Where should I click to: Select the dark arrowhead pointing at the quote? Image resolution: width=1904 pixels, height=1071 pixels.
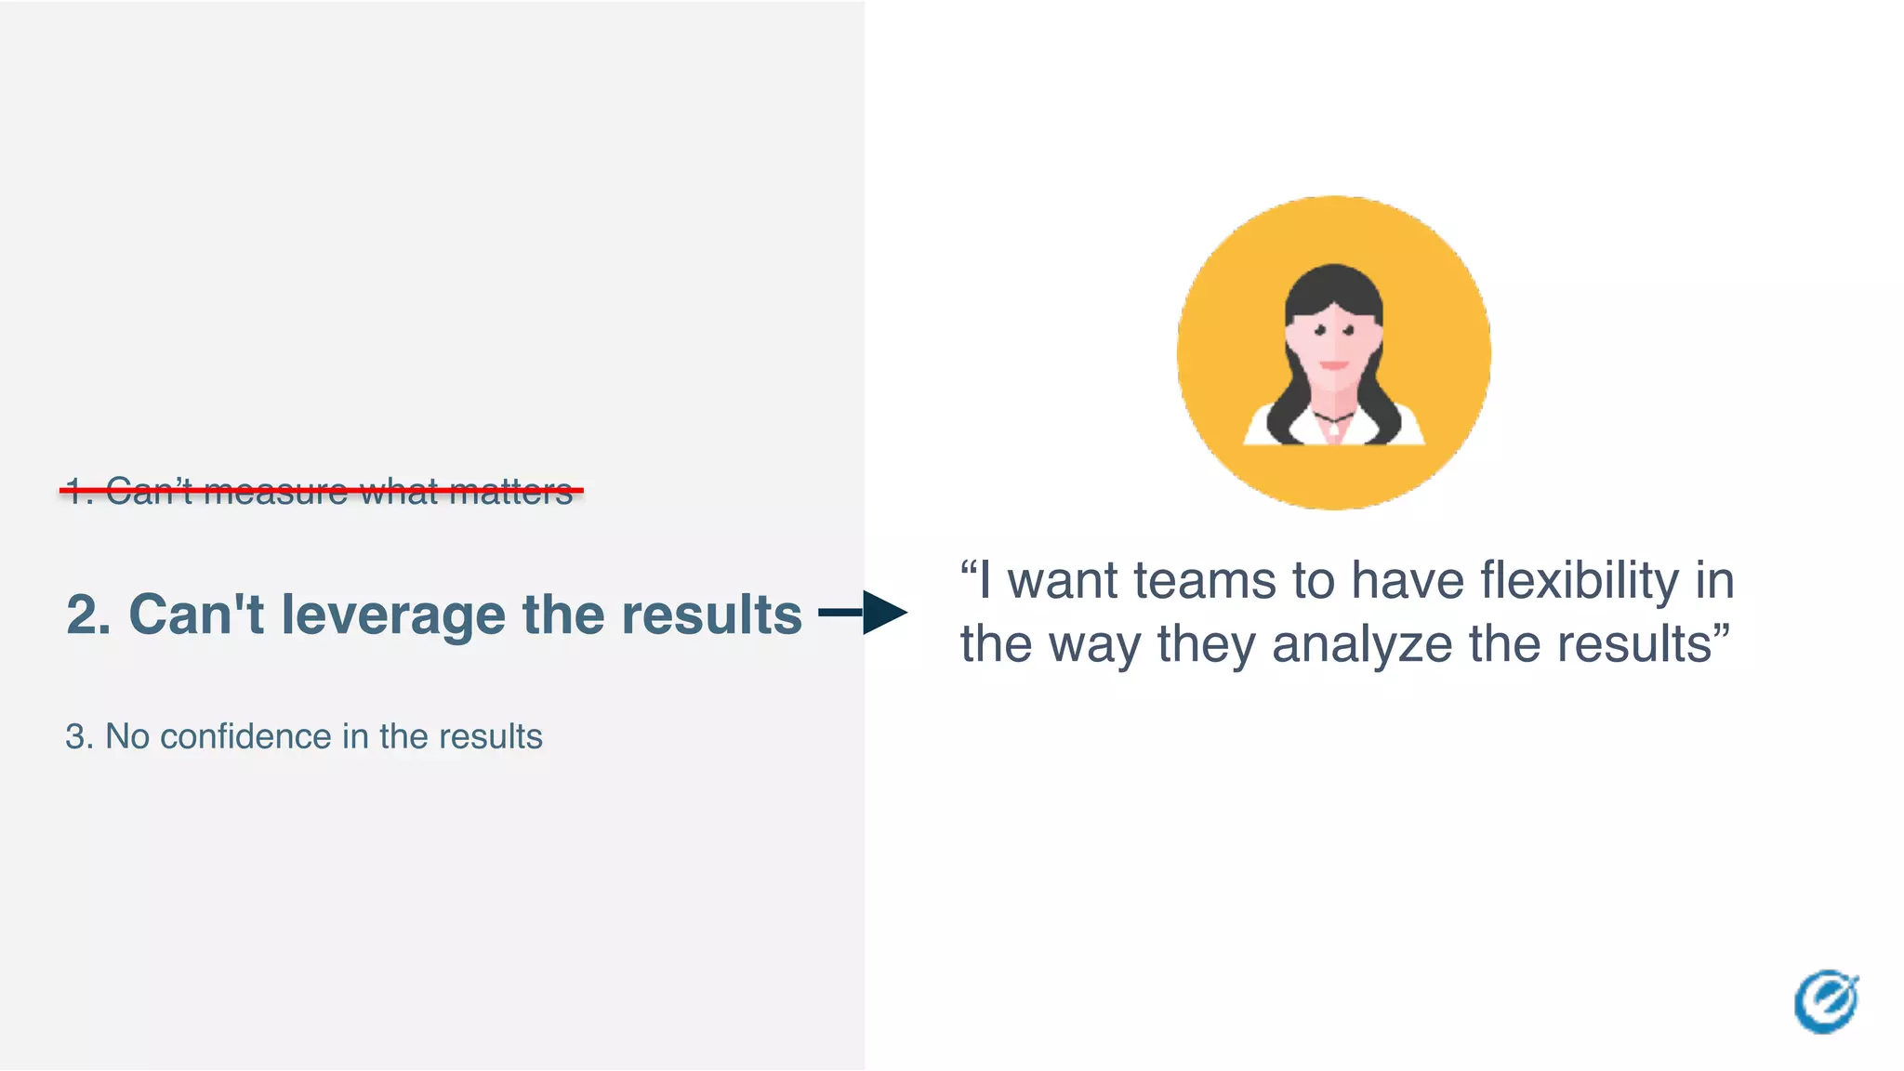(x=884, y=613)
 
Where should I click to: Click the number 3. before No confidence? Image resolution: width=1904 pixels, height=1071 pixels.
(x=78, y=736)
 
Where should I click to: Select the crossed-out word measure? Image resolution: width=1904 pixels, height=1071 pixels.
(x=275, y=492)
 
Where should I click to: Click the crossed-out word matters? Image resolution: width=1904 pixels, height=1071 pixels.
(x=510, y=492)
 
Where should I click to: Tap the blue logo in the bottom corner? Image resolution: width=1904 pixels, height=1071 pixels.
(x=1826, y=1002)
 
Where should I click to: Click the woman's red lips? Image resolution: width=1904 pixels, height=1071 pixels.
(x=1334, y=365)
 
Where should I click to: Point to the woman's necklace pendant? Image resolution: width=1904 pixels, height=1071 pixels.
(x=1334, y=429)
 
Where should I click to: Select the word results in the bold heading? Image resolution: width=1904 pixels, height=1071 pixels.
(x=711, y=615)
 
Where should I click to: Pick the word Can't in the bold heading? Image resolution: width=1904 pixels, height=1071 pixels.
(x=196, y=615)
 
